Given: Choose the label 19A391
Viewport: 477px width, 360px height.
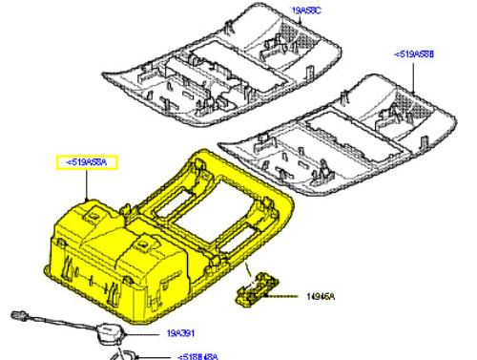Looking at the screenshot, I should coord(180,334).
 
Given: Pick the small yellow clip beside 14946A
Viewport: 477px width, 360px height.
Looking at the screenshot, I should coord(254,289).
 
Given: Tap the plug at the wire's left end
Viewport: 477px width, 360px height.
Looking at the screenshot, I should coord(16,314).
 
